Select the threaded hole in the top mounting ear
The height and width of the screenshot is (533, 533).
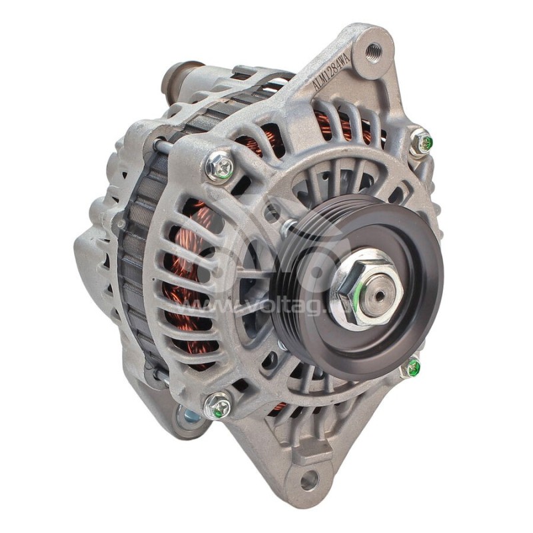[x=373, y=49]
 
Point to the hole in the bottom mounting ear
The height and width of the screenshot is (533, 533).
[x=308, y=478]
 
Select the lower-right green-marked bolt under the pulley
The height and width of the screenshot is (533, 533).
[x=411, y=366]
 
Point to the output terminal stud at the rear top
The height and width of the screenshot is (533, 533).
[x=179, y=77]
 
